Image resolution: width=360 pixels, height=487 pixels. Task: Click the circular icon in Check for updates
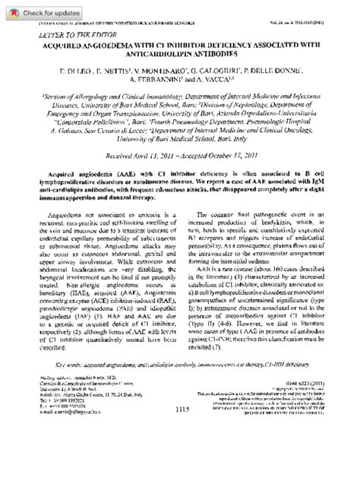click(11, 12)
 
